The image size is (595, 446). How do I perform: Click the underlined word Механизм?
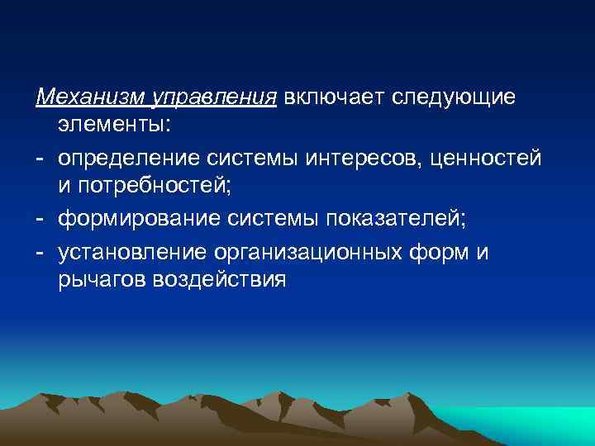pyautogui.click(x=90, y=97)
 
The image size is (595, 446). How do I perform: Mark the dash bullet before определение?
pyautogui.click(x=40, y=157)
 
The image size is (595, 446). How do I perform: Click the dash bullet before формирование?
pyautogui.click(x=40, y=218)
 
